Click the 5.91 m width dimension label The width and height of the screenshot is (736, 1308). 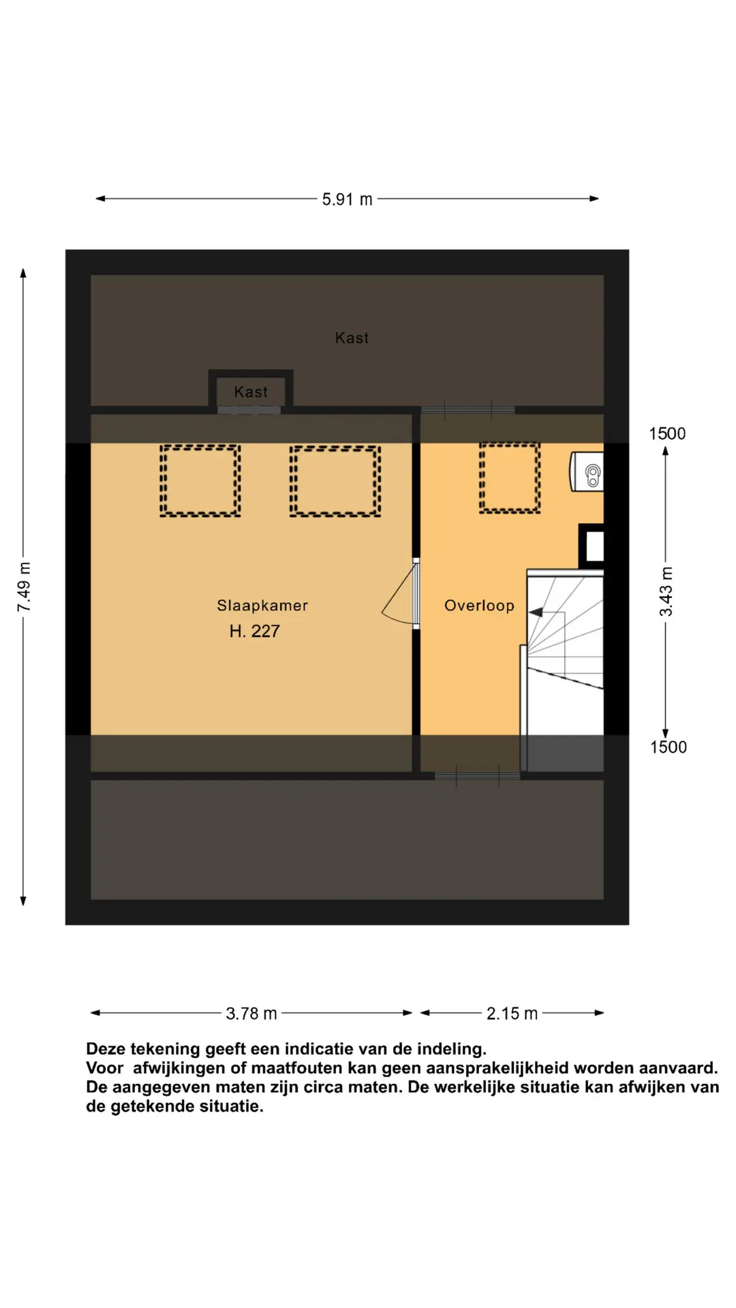pyautogui.click(x=347, y=200)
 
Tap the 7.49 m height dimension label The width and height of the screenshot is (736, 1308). pyautogui.click(x=24, y=587)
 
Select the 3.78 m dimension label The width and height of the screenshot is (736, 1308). pyautogui.click(x=251, y=1014)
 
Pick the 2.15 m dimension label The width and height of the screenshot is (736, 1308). pyautogui.click(x=512, y=1014)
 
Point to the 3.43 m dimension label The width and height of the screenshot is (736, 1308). pyautogui.click(x=666, y=591)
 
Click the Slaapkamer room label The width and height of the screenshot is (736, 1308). pyautogui.click(x=262, y=606)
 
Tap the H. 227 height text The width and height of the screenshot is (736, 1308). pyautogui.click(x=254, y=632)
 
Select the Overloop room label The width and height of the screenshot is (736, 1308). pyautogui.click(x=479, y=606)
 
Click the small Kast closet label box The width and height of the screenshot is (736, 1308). pyautogui.click(x=251, y=392)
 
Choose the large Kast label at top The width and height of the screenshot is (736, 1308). pyautogui.click(x=352, y=338)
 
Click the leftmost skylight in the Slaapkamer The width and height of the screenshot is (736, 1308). pyautogui.click(x=200, y=480)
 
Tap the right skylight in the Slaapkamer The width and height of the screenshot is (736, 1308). pyautogui.click(x=335, y=481)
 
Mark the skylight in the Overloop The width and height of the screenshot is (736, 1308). pyautogui.click(x=509, y=477)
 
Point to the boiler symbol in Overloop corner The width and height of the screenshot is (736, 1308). pyautogui.click(x=589, y=471)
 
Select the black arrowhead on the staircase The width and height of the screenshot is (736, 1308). pyautogui.click(x=536, y=612)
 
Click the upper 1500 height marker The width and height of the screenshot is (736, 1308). pyautogui.click(x=666, y=434)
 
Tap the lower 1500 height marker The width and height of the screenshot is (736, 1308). pyautogui.click(x=668, y=747)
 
